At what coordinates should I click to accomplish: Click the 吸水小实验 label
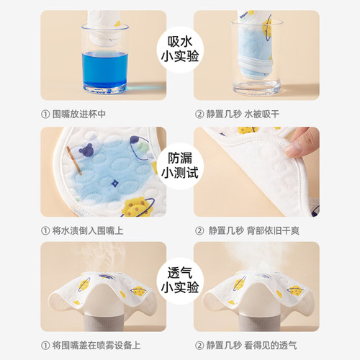coord(179,46)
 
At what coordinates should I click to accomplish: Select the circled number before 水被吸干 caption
coord(199,114)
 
